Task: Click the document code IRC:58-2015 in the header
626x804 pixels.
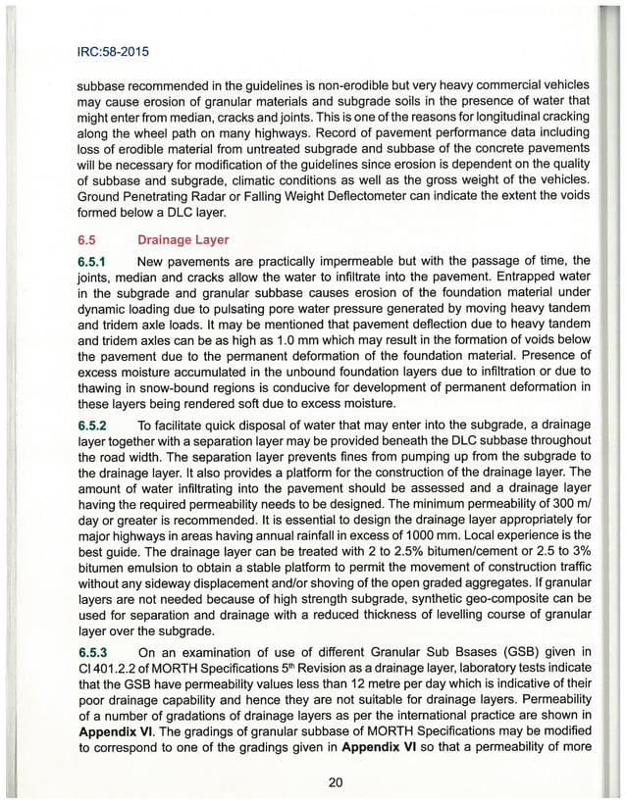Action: point(116,45)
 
